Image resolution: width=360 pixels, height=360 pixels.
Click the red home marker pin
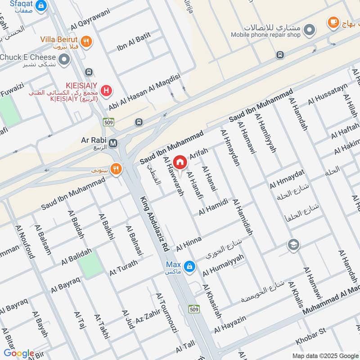click(180, 162)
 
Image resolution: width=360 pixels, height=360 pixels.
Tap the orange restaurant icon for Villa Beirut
click(87, 42)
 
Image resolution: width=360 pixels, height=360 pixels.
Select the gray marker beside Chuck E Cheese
click(65, 58)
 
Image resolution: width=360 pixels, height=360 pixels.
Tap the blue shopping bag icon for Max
click(190, 266)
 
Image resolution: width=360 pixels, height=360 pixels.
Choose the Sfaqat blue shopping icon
click(41, 6)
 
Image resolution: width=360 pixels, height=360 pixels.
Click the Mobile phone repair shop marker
click(309, 31)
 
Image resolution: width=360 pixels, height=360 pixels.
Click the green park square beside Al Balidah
click(91, 265)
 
